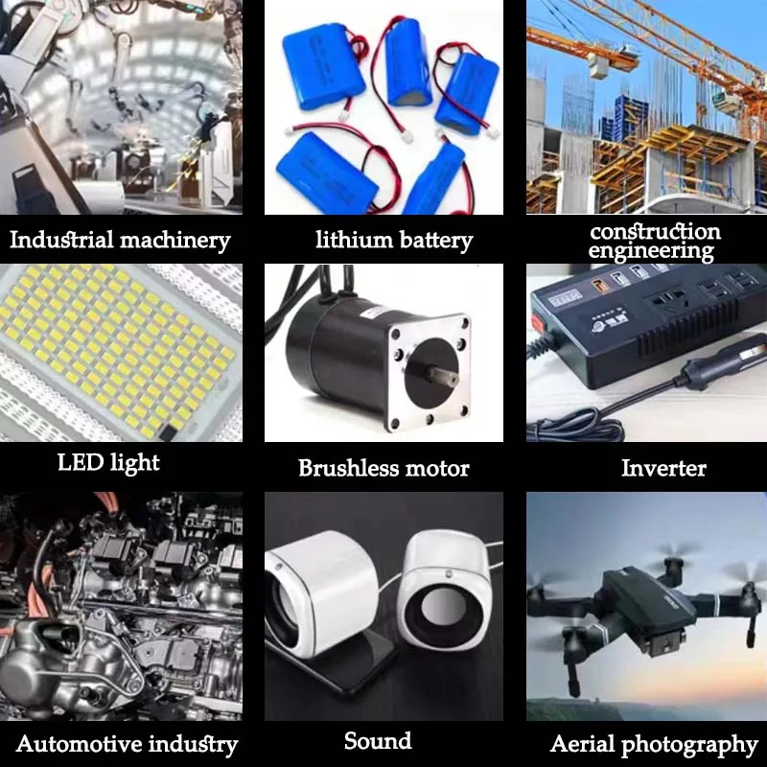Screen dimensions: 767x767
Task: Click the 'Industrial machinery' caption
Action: click(120, 240)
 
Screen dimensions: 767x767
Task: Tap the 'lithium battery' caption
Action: click(394, 240)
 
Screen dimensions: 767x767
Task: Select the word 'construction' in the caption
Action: click(655, 231)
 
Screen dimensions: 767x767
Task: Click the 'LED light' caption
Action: click(108, 463)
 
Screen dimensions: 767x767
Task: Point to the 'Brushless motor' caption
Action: click(383, 469)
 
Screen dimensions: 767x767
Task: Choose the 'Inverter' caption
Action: click(663, 468)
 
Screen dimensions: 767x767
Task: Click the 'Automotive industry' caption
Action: click(127, 744)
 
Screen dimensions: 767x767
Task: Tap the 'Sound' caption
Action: click(378, 741)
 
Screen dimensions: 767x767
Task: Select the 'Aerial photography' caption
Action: click(654, 745)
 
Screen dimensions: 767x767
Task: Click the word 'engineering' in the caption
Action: click(651, 251)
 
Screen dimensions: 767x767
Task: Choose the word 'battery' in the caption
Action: click(433, 240)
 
